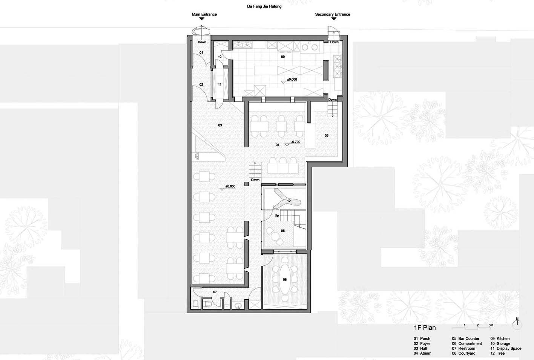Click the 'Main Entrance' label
tap(204, 14)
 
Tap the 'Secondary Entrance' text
tap(332, 14)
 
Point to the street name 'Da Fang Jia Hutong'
tap(264, 6)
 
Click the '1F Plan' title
tap(425, 328)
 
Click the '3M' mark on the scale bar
tap(491, 325)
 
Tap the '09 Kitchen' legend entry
tap(500, 339)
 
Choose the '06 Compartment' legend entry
tap(466, 343)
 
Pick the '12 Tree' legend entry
tap(497, 353)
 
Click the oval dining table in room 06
tap(285, 279)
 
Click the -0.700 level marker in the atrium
tap(293, 142)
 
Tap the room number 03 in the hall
tap(220, 125)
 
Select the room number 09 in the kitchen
tap(283, 57)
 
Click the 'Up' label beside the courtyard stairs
tap(277, 215)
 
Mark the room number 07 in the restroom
tap(215, 292)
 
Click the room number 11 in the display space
tap(219, 84)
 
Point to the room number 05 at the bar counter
tap(326, 136)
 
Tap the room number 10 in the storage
tap(219, 57)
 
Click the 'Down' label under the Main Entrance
tap(202, 42)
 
